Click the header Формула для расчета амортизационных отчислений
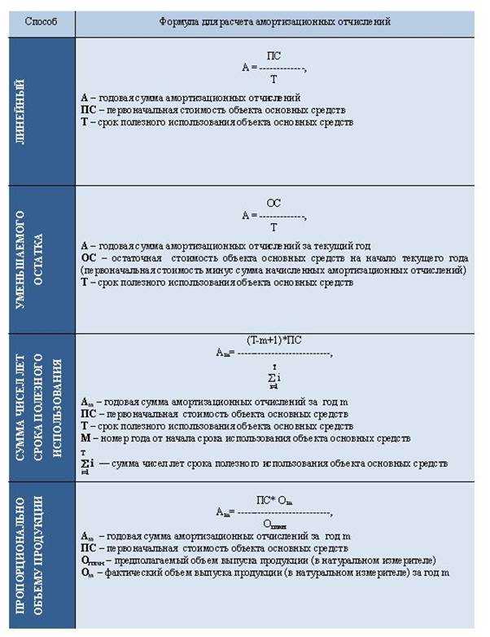pyautogui.click(x=274, y=22)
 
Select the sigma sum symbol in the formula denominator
pyautogui.click(x=273, y=377)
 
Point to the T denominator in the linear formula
pyautogui.click(x=273, y=80)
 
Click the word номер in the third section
pyautogui.click(x=112, y=438)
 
